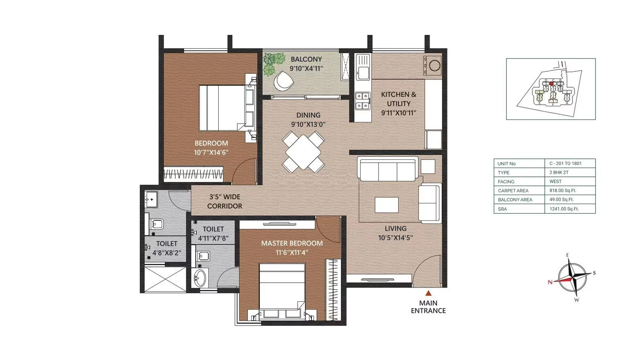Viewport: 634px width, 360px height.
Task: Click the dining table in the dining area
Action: click(303, 152)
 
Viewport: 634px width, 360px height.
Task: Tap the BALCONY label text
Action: click(306, 59)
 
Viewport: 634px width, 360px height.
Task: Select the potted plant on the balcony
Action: click(273, 63)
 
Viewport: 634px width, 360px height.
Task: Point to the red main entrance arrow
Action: click(428, 293)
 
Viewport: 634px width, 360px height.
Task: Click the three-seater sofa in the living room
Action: click(388, 170)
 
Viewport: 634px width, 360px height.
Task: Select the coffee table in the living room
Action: click(386, 205)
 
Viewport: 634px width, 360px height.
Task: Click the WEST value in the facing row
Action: click(556, 182)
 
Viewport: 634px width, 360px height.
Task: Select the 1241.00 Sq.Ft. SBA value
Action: click(563, 209)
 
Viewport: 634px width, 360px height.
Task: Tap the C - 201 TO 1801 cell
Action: click(565, 163)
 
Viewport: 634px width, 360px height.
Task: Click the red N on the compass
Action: click(550, 282)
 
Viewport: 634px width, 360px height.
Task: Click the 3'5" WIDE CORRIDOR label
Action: click(224, 201)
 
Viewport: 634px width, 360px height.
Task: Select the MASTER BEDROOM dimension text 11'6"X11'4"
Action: click(292, 252)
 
